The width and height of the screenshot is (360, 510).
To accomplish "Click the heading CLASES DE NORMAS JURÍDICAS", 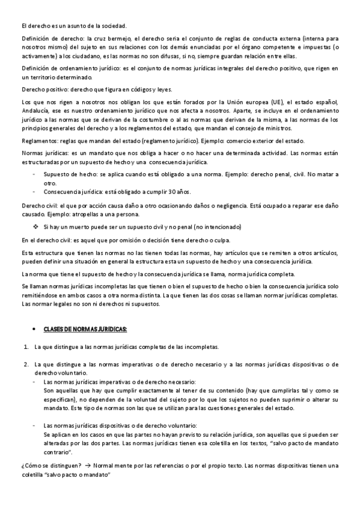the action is pyautogui.click(x=86, y=330).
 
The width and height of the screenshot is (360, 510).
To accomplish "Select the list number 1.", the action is pyautogui.click(x=26, y=347).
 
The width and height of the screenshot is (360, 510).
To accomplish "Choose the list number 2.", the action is pyautogui.click(x=26, y=364).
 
